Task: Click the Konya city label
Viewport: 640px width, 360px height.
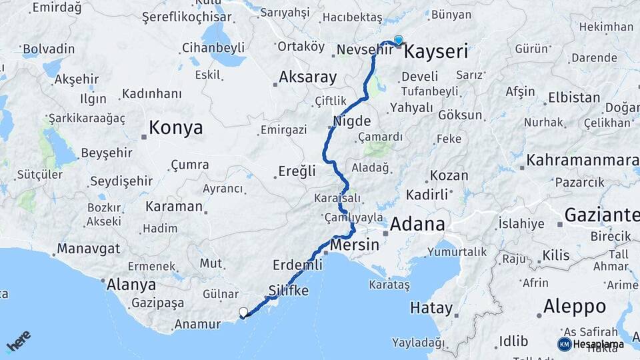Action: click(x=176, y=128)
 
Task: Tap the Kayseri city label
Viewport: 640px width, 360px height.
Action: click(x=436, y=52)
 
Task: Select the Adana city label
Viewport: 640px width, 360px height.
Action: click(x=417, y=224)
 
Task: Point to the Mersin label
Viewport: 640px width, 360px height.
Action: click(x=355, y=245)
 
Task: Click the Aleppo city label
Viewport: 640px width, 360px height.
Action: click(x=575, y=306)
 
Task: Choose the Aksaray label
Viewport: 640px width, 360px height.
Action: click(x=307, y=77)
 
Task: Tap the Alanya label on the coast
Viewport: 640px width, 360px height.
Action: click(x=132, y=285)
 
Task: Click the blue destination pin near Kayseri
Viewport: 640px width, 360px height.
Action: click(x=399, y=41)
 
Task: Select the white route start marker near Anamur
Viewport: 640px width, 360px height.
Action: click(x=243, y=312)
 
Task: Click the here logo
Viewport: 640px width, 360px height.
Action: click(x=19, y=341)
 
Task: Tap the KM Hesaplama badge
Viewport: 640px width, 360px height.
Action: click(x=591, y=344)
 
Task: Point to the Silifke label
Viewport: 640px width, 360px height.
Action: click(x=289, y=291)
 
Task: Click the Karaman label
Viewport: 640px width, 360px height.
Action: click(x=173, y=207)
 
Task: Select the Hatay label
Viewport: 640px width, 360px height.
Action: click(x=431, y=309)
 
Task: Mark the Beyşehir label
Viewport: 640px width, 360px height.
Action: click(x=107, y=153)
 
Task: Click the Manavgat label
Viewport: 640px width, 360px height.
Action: click(x=89, y=249)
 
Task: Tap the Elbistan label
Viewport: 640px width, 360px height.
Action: click(x=574, y=97)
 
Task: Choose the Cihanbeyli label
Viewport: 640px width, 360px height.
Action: click(x=213, y=48)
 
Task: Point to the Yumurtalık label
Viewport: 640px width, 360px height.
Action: click(x=457, y=252)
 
